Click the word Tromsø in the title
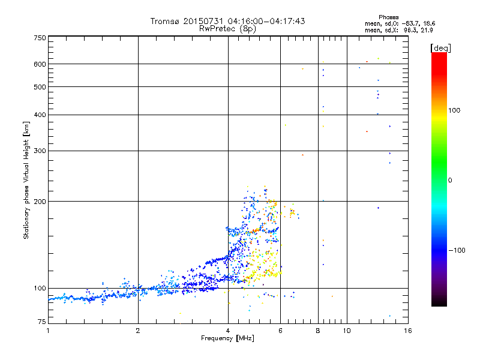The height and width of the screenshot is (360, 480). coord(165,21)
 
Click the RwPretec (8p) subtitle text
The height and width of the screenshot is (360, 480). coord(229,28)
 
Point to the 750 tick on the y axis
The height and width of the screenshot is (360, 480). coord(40,38)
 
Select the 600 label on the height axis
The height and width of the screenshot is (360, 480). coord(40,64)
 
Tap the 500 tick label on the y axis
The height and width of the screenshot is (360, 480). coord(40,87)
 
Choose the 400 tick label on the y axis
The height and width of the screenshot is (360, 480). coord(40,115)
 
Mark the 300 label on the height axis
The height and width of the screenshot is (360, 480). coord(40,151)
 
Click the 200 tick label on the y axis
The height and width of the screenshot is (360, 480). coord(40,202)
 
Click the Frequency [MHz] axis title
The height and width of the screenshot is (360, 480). coord(227,338)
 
